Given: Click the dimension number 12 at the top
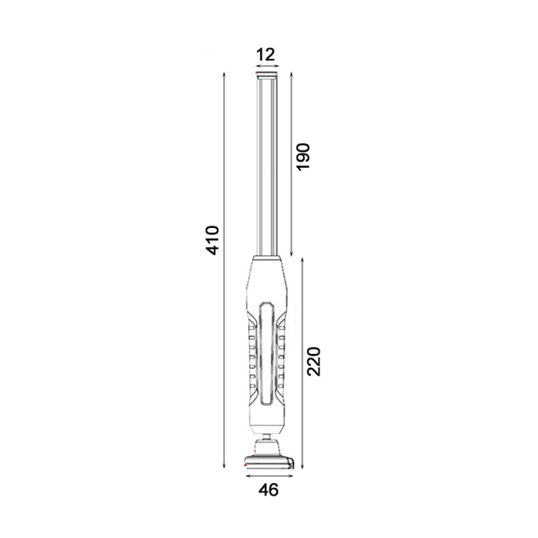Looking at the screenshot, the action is (265, 55).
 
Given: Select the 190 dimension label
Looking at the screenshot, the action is (303, 156).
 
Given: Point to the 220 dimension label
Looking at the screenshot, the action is (314, 361).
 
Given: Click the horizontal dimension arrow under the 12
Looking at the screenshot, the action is (268, 66).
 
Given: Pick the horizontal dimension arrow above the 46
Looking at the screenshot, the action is (269, 476).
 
